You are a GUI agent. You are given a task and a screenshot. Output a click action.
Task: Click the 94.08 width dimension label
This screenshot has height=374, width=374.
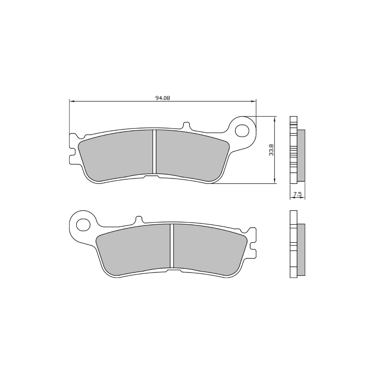(x=162, y=98)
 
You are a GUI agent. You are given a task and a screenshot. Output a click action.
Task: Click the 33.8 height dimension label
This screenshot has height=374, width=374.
(x=271, y=150)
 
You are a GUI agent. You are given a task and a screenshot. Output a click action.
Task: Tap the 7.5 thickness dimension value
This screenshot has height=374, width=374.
(x=297, y=193)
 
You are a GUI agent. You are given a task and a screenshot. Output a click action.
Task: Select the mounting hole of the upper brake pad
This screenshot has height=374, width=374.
(x=243, y=129)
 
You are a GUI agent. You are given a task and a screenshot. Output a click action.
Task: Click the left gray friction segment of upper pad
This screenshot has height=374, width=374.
(x=117, y=156)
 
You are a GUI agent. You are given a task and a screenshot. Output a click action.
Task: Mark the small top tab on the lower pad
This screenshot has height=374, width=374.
(x=139, y=219)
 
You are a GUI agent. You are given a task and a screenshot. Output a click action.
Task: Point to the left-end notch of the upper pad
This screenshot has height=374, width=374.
(x=72, y=152)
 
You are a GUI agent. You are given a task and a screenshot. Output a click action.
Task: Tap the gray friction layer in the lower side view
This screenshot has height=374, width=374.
(x=302, y=250)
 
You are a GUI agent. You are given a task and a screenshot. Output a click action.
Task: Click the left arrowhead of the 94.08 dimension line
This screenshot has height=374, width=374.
(x=71, y=101)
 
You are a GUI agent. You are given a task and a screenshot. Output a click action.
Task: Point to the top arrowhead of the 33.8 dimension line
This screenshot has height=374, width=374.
(x=274, y=118)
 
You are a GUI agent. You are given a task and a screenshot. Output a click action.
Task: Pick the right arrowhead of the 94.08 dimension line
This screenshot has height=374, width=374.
(x=255, y=101)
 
